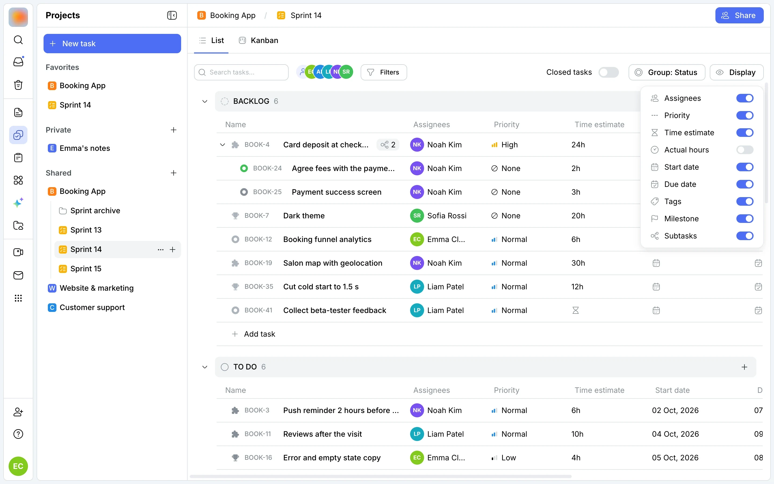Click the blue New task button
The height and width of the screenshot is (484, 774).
112,44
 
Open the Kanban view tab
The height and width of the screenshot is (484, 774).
259,40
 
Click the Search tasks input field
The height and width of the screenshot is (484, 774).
241,72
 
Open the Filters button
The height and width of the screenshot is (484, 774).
384,72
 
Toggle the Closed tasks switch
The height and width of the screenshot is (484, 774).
608,72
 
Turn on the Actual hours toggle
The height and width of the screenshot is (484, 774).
745,150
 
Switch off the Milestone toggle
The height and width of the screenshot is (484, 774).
745,219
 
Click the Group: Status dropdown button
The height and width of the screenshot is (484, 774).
666,72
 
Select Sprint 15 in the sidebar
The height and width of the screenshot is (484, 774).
86,269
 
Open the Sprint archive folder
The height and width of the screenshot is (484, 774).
95,211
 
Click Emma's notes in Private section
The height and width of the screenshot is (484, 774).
84,148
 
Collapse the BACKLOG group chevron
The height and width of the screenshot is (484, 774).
205,101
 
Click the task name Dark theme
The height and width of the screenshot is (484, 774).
304,216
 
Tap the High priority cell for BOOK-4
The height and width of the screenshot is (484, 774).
504,145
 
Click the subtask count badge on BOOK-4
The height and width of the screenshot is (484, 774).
388,145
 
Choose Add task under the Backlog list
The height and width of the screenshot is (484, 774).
253,334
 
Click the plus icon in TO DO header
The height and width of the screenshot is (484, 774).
744,367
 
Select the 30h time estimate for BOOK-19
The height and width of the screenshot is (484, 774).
578,263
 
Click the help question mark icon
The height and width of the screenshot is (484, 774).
18,434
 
